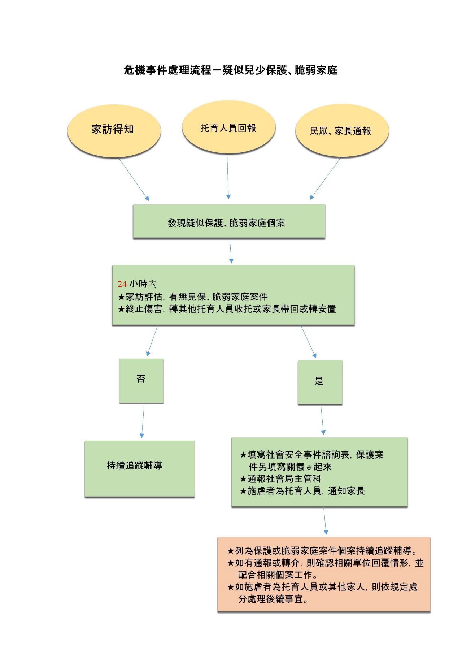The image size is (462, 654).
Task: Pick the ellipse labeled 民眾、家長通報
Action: point(341,131)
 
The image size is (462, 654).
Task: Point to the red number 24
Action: point(122,284)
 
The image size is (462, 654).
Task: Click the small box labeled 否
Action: point(141,380)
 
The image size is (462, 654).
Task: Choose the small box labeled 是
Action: point(319,382)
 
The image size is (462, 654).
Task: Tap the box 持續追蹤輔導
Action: point(139,468)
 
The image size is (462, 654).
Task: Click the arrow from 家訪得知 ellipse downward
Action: point(134,179)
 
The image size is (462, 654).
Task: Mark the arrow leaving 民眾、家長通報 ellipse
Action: point(325,178)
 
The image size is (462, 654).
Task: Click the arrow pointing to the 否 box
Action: point(152,341)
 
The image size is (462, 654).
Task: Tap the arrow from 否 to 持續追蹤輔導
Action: point(143,421)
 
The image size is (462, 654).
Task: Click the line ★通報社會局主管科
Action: point(280,479)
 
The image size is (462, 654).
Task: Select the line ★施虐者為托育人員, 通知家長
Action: point(302,491)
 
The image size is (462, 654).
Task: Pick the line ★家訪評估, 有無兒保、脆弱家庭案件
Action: point(193,297)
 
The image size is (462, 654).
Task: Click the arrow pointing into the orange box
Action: point(325,521)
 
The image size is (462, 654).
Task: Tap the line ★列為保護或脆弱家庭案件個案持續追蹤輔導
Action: point(322,551)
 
